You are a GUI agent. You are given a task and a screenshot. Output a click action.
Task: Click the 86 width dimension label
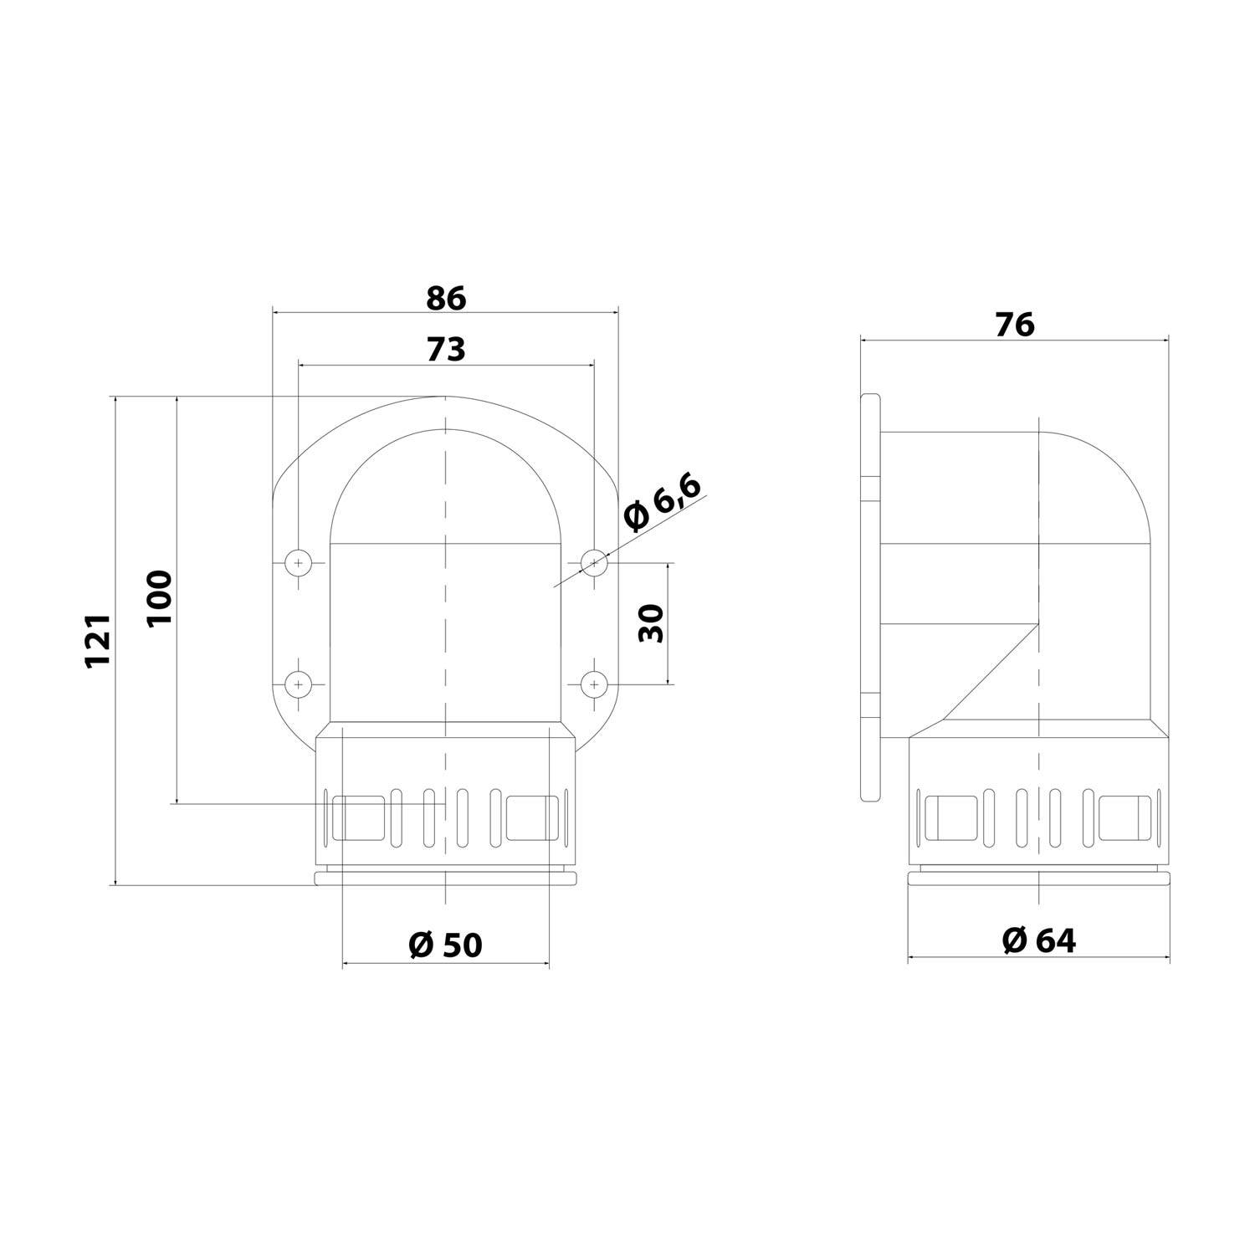(x=445, y=298)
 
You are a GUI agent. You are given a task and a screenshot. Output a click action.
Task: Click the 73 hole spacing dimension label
(x=445, y=349)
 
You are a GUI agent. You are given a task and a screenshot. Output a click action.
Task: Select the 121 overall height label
(x=98, y=640)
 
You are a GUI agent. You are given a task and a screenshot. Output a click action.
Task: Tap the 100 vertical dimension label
(x=159, y=597)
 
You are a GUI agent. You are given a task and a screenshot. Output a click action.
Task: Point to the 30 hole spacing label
(x=651, y=622)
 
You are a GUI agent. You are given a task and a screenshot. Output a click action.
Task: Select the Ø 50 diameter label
(x=445, y=945)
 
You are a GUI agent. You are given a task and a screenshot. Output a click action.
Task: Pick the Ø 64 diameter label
(x=1038, y=940)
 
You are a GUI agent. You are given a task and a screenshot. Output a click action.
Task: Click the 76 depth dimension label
(x=1014, y=325)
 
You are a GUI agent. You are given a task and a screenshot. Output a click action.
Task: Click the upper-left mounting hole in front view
(x=298, y=563)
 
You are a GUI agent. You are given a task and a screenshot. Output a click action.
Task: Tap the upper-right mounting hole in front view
(x=593, y=563)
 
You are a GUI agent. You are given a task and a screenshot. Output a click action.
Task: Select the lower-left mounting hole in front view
(x=298, y=684)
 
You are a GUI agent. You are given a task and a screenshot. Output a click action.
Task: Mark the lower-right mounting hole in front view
(x=593, y=684)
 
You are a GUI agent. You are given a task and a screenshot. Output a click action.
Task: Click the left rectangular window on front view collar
(x=359, y=817)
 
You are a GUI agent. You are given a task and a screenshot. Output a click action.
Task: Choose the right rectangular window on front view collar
(x=531, y=817)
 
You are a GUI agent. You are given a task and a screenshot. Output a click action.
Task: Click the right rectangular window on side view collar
(x=1125, y=817)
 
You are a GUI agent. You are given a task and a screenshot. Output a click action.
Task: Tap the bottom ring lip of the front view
(x=445, y=877)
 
